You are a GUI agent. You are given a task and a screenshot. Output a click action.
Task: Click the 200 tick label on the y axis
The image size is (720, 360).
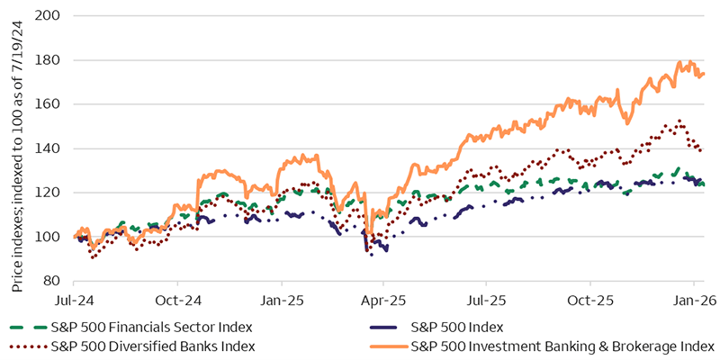[51, 16]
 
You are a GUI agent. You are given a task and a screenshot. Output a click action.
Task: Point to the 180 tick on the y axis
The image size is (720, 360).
[51, 60]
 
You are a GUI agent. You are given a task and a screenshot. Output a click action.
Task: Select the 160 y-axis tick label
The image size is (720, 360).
[51, 104]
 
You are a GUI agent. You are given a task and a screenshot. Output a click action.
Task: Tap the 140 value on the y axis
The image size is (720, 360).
[51, 148]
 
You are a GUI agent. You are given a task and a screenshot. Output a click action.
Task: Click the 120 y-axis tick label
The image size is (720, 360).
[51, 193]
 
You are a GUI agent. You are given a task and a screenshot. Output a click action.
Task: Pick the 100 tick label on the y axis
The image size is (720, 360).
[51, 237]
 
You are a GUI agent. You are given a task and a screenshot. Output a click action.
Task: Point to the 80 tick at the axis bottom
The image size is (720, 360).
[54, 281]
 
